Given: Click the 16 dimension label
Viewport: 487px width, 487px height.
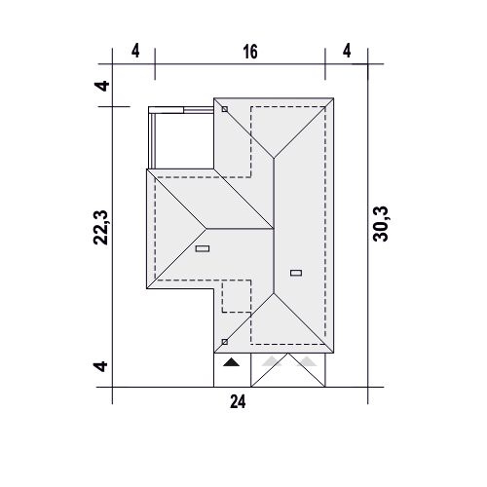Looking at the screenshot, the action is pyautogui.click(x=250, y=52).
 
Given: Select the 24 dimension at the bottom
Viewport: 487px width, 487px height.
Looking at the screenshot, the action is pyautogui.click(x=238, y=401).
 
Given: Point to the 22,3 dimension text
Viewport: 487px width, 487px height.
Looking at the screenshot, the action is pyautogui.click(x=100, y=227).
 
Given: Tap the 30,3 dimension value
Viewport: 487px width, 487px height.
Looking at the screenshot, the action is pyautogui.click(x=381, y=224).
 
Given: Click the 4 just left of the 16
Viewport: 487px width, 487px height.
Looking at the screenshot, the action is pyautogui.click(x=135, y=51).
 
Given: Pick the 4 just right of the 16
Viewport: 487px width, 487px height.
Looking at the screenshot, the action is pyautogui.click(x=347, y=51).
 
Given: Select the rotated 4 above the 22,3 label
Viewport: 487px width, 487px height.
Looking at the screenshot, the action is pyautogui.click(x=101, y=86).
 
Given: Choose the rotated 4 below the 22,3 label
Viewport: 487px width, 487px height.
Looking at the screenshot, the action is pyautogui.click(x=100, y=366).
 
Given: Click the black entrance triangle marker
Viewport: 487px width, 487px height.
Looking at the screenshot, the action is pyautogui.click(x=231, y=362).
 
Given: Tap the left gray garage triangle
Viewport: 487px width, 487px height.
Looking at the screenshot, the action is pyautogui.click(x=272, y=361).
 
